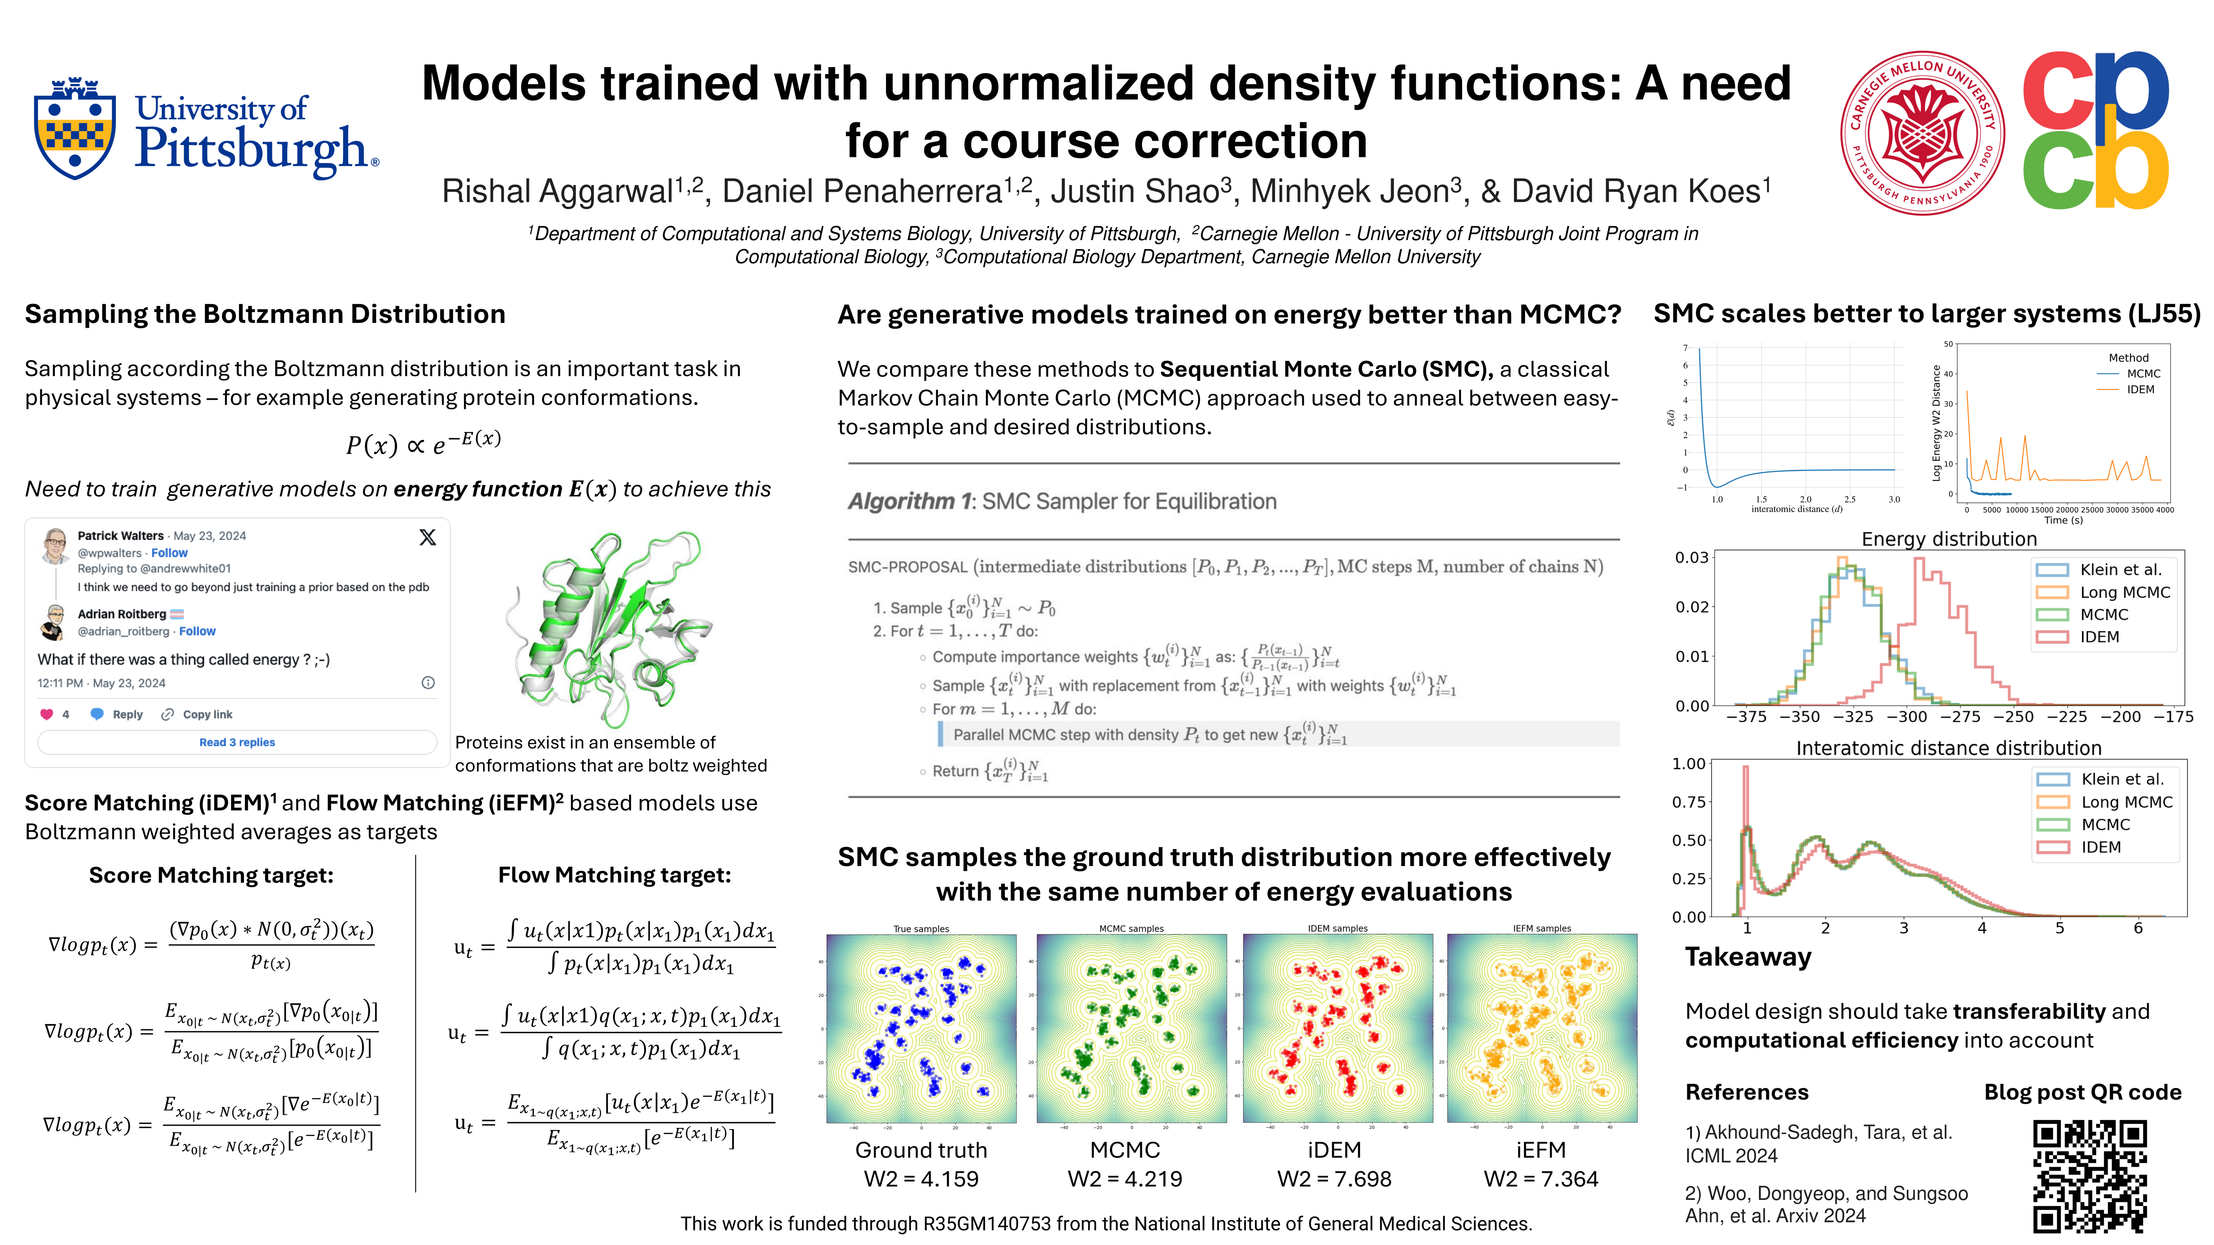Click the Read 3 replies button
point(237,742)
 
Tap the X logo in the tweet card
point(427,538)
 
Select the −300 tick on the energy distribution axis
point(1906,717)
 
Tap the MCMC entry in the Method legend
point(2142,374)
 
